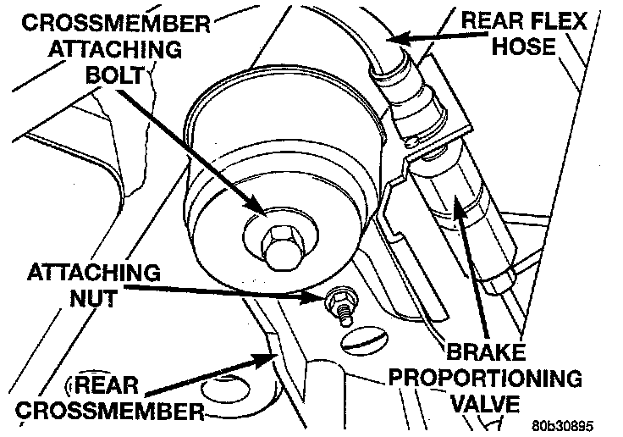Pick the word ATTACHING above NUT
click(x=92, y=273)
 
